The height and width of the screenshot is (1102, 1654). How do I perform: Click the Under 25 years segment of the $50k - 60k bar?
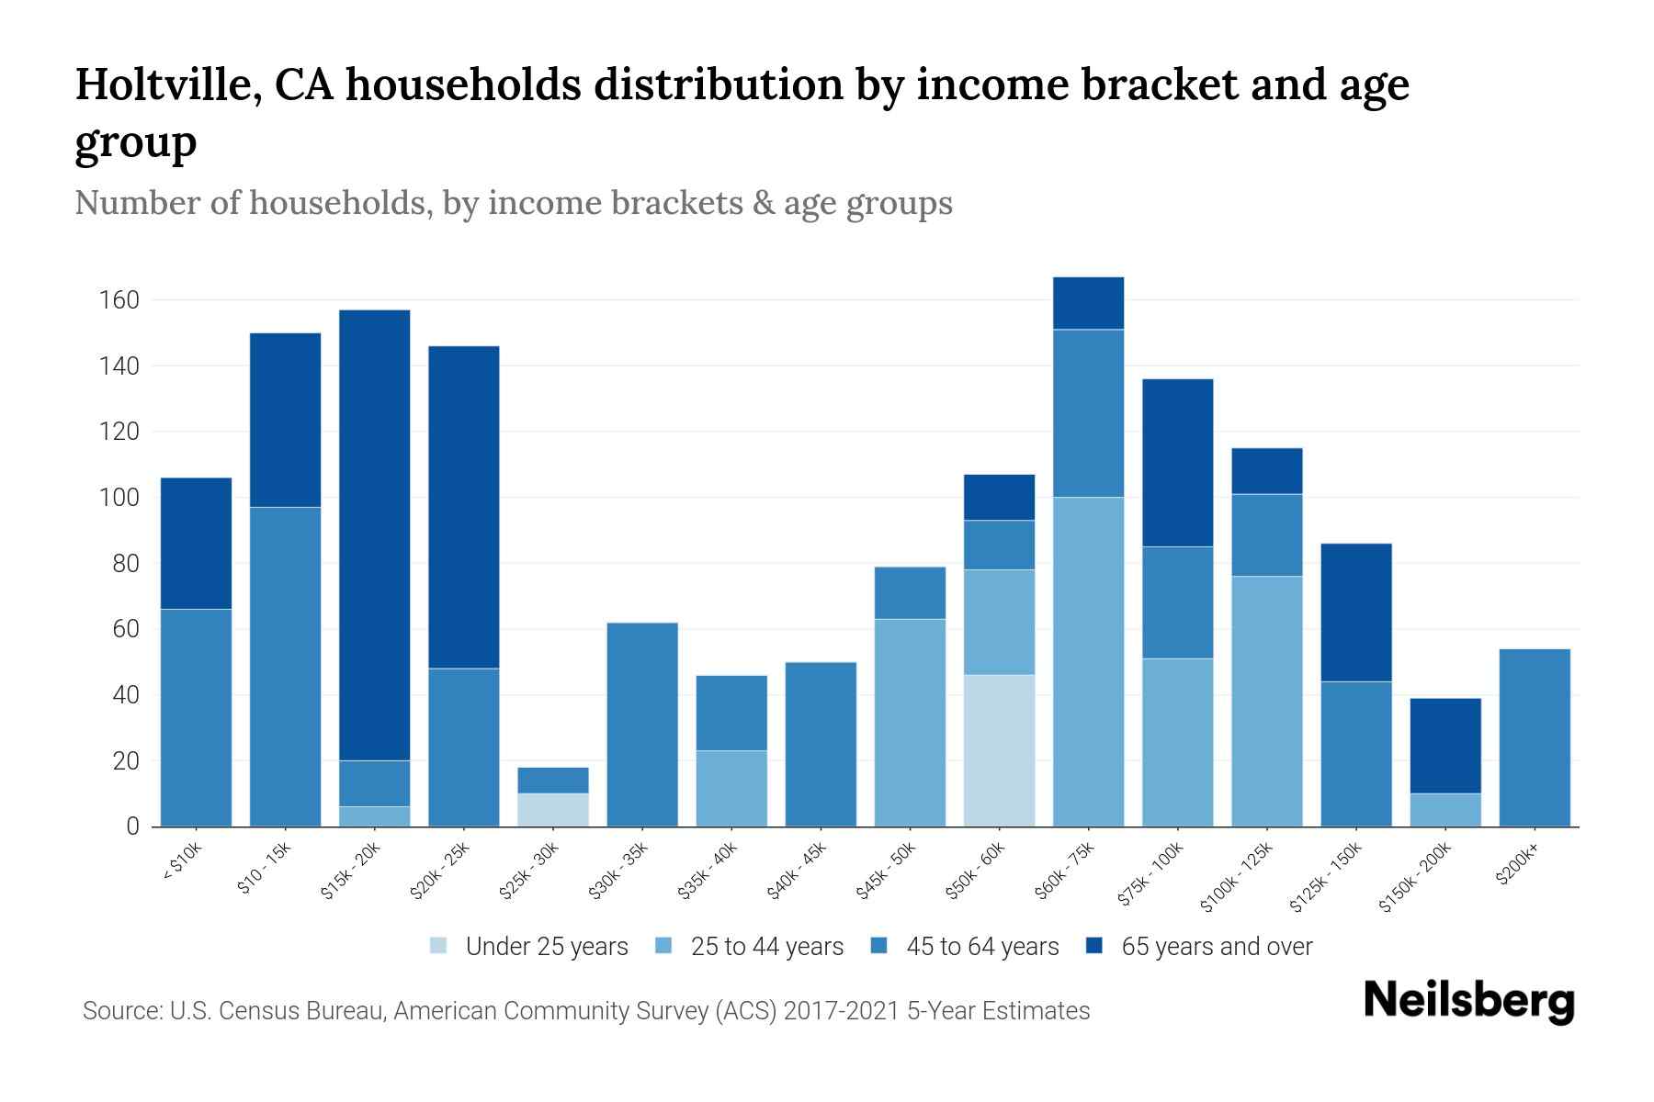pyautogui.click(x=999, y=750)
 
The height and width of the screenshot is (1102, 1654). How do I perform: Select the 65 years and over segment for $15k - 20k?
pyautogui.click(x=375, y=535)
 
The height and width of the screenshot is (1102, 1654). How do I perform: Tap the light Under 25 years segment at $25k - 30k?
pyautogui.click(x=553, y=809)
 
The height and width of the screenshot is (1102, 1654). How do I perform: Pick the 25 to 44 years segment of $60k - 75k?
pyautogui.click(x=1088, y=661)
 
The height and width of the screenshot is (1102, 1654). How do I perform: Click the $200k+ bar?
pyautogui.click(x=1535, y=737)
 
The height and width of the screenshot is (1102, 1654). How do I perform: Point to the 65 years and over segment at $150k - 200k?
pyautogui.click(x=1445, y=746)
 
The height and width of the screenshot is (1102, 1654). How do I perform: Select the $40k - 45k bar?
pyautogui.click(x=821, y=744)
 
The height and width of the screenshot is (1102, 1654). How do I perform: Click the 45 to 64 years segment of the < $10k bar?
pyautogui.click(x=196, y=717)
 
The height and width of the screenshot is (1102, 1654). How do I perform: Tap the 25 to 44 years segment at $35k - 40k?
pyautogui.click(x=731, y=788)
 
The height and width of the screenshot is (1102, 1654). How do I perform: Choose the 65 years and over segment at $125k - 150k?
pyautogui.click(x=1356, y=613)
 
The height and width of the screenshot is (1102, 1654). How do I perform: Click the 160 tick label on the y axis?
pyautogui.click(x=119, y=300)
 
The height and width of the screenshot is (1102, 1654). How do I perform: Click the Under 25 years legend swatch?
pyautogui.click(x=439, y=946)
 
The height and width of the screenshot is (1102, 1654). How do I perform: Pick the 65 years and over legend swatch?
pyautogui.click(x=1094, y=946)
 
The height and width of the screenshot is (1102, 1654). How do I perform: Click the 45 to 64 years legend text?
pyautogui.click(x=982, y=946)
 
